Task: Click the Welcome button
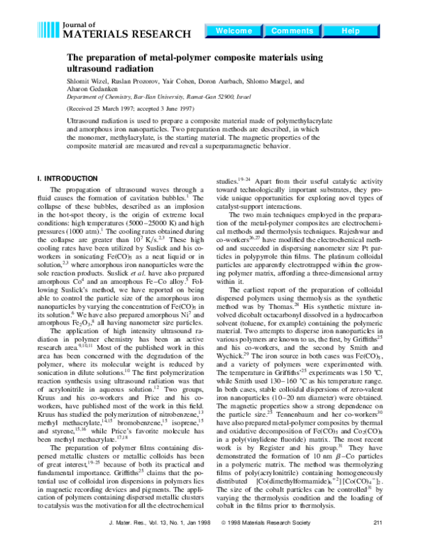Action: [x=233, y=31]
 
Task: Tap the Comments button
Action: [x=292, y=31]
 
